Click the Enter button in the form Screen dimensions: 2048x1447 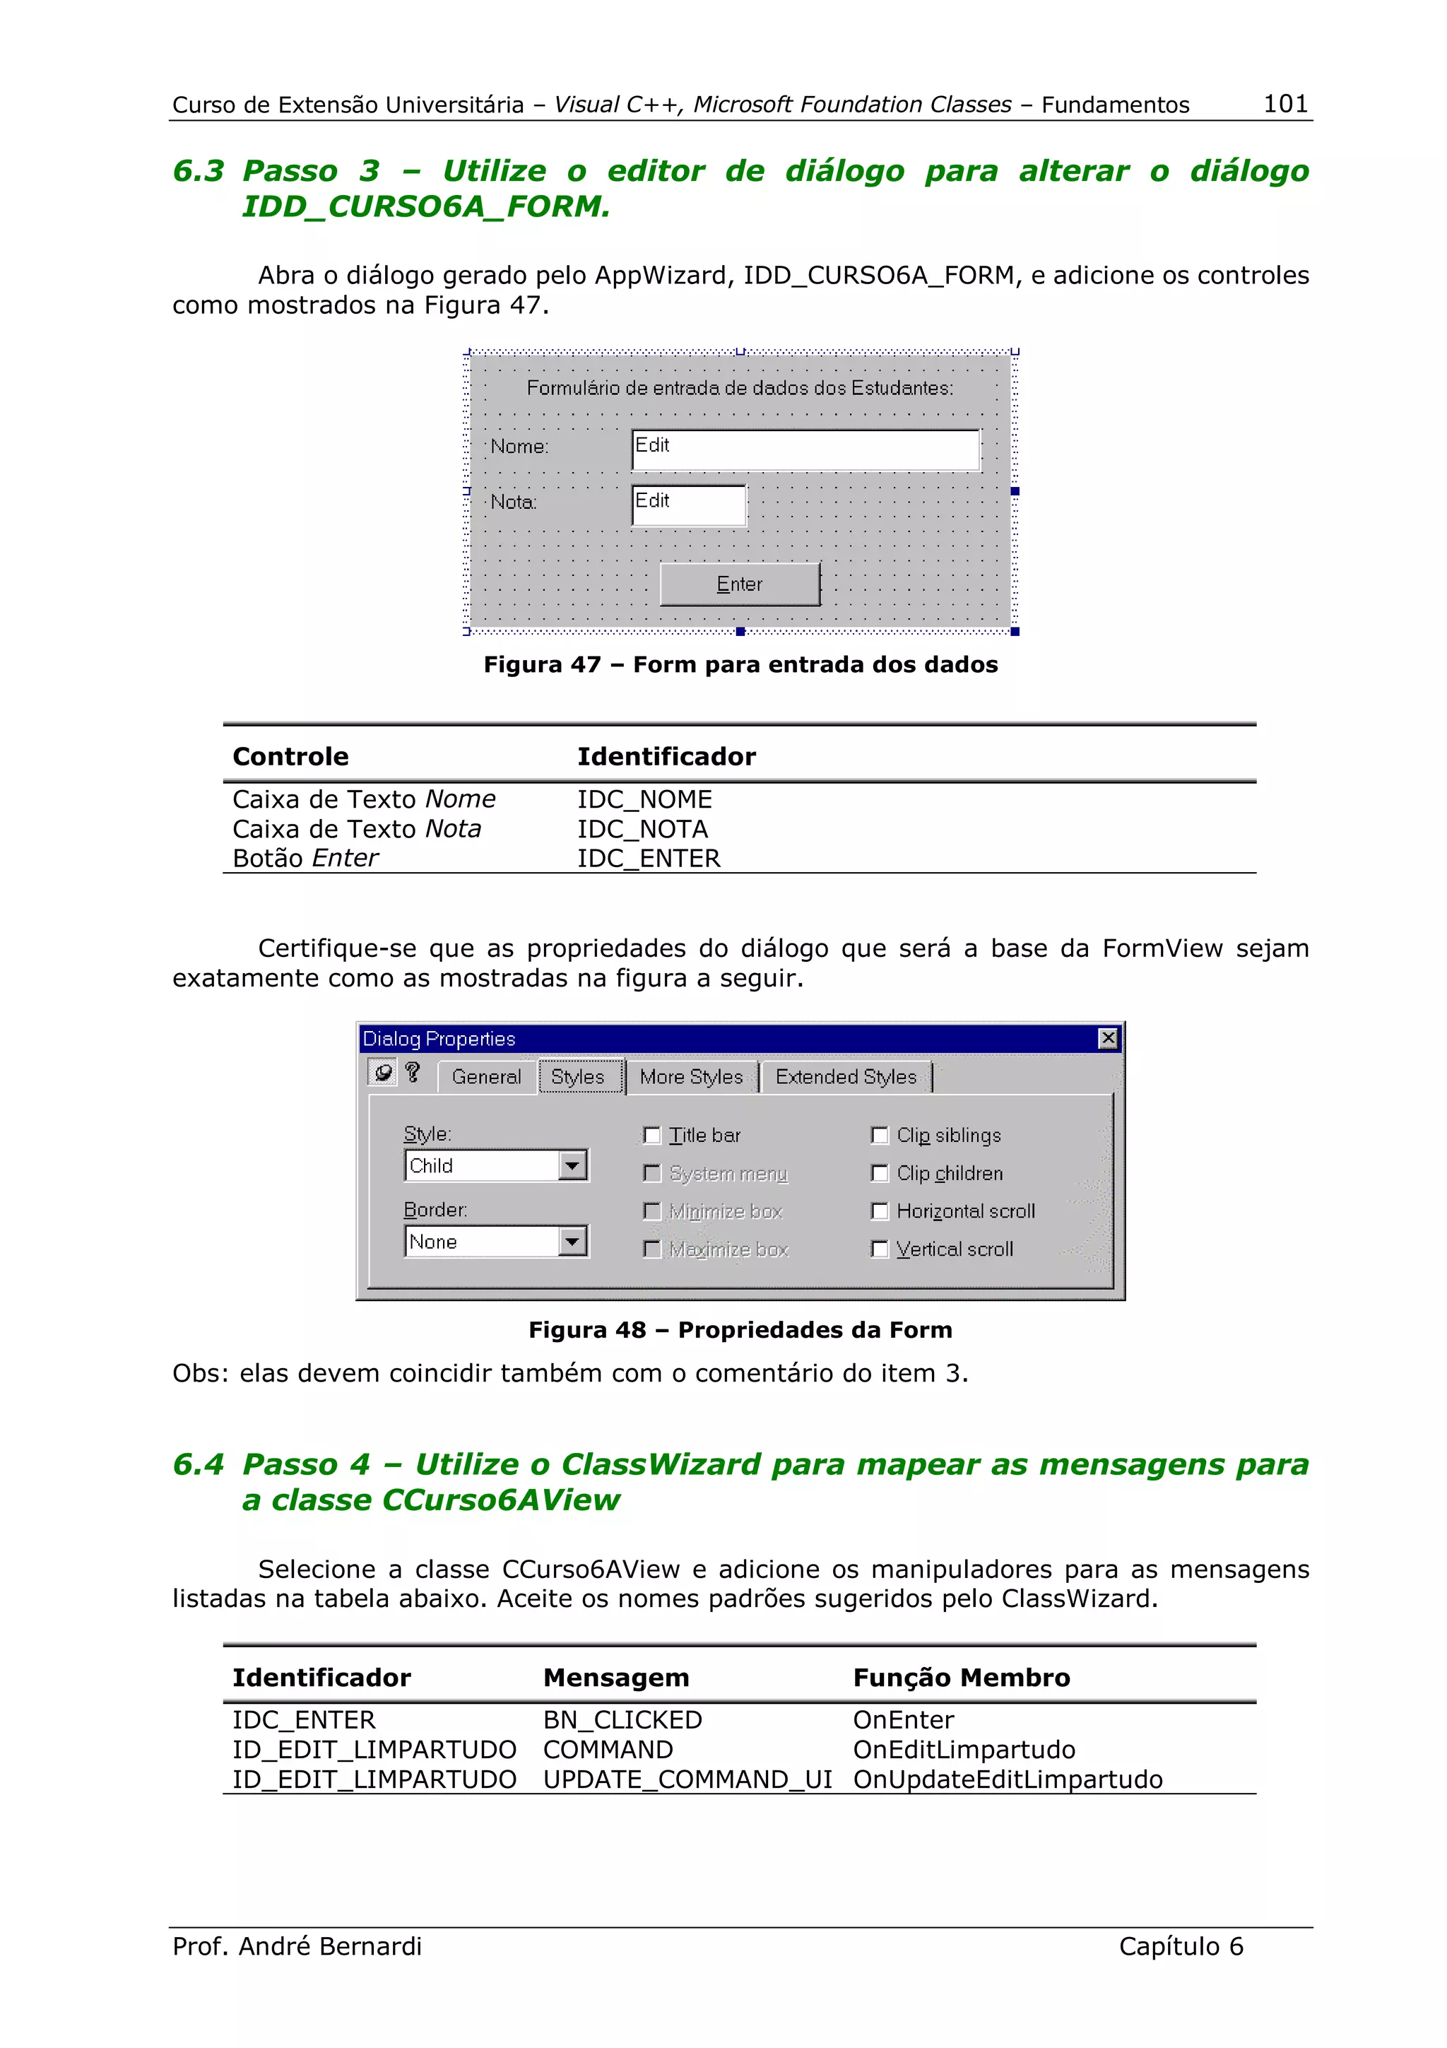tap(739, 584)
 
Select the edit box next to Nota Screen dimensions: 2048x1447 tap(688, 505)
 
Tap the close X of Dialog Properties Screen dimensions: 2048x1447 tap(1107, 1038)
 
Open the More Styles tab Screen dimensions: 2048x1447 tap(691, 1076)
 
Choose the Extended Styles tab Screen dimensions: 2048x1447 tap(845, 1076)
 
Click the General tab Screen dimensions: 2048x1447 tap(486, 1076)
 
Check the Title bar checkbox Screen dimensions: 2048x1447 tap(651, 1136)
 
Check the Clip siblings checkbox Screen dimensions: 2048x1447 tap(879, 1136)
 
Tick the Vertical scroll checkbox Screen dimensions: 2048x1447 tap(879, 1249)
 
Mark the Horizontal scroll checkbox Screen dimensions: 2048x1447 tap(879, 1211)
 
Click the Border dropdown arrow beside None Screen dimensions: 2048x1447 tap(572, 1241)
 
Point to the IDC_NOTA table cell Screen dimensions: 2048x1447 tap(642, 830)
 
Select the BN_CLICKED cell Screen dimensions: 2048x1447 tap(622, 1720)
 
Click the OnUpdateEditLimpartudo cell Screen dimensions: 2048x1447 tap(1008, 1779)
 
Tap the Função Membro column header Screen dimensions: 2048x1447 tap(961, 1678)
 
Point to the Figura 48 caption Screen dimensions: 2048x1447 tap(740, 1330)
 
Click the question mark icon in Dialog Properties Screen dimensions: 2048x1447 tap(412, 1072)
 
